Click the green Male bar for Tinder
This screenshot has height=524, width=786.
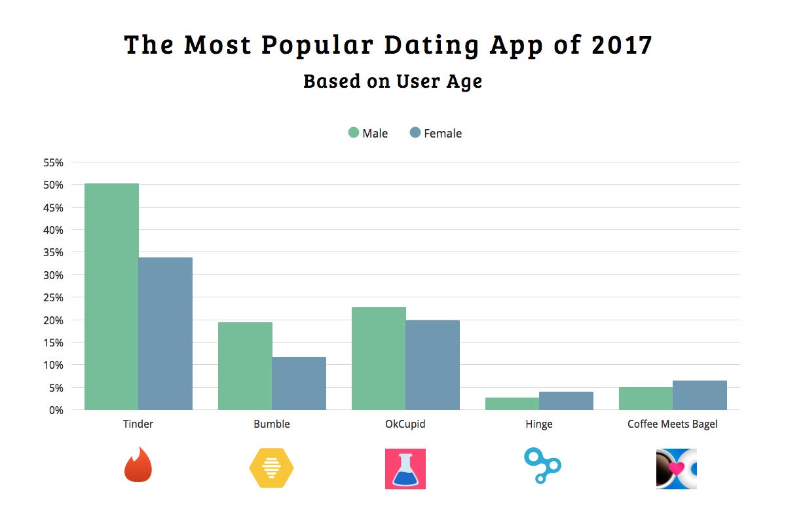111,296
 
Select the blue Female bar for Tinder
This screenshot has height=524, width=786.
165,333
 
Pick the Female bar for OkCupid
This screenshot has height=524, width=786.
432,365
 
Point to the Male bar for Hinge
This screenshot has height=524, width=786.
512,403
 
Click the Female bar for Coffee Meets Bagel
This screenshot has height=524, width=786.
700,395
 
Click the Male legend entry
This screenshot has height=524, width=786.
368,133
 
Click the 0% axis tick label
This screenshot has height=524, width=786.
56,410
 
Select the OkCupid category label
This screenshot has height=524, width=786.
405,424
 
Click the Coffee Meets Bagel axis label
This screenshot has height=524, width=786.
673,424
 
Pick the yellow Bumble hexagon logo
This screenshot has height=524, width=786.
271,468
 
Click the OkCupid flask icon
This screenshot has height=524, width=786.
405,468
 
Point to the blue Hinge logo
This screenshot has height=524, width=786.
542,466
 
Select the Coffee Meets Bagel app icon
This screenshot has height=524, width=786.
676,468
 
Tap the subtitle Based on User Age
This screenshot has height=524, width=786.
392,81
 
